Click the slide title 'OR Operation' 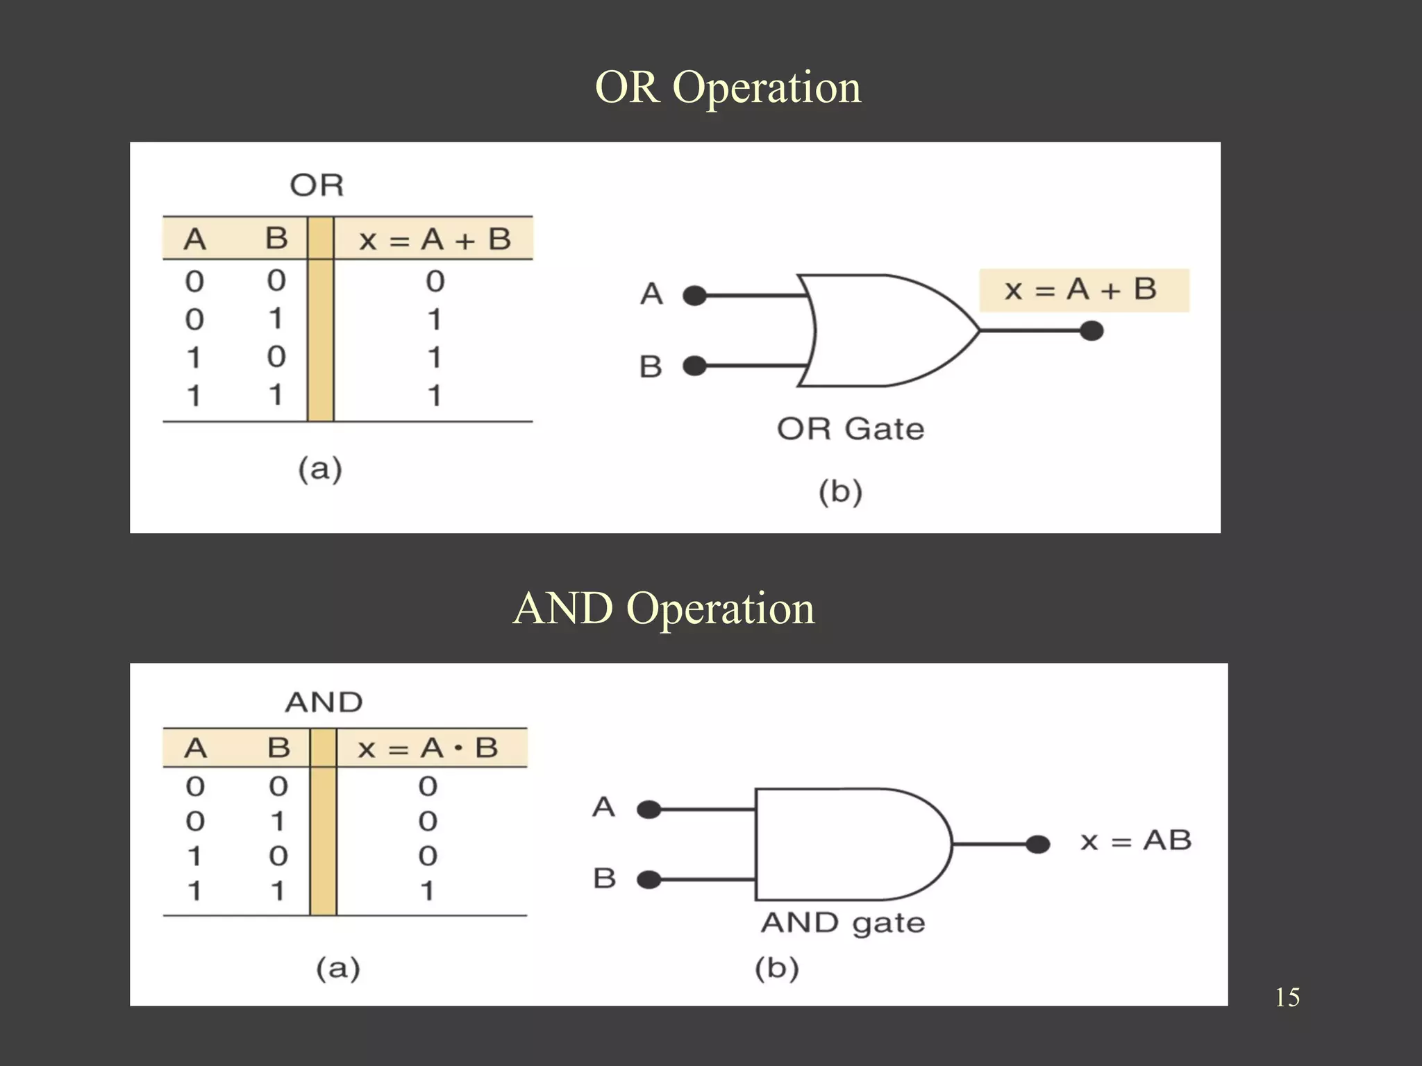[x=728, y=88]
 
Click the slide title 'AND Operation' [x=664, y=609]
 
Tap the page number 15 [x=1287, y=997]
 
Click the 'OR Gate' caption [x=851, y=429]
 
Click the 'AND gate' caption [x=843, y=923]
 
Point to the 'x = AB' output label [x=1136, y=840]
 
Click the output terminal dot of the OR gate [x=1091, y=331]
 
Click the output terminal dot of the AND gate [x=1037, y=845]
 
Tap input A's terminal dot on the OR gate [x=694, y=296]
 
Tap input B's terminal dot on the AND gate [x=649, y=880]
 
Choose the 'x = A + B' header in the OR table [x=435, y=239]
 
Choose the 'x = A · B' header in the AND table [x=428, y=748]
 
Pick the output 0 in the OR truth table [x=435, y=281]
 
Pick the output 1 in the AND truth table [x=427, y=890]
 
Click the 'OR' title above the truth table [x=317, y=185]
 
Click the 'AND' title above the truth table [x=324, y=702]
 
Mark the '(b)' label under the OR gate [x=840, y=492]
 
